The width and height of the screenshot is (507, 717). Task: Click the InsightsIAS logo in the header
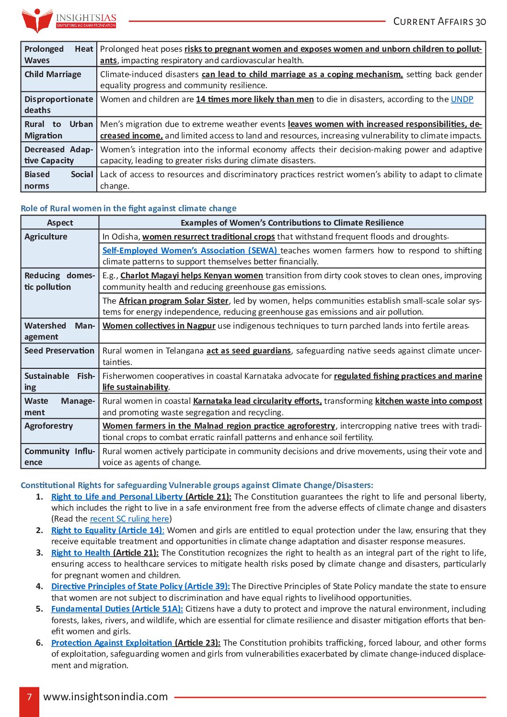click(69, 20)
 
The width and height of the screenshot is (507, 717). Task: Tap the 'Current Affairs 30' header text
click(439, 22)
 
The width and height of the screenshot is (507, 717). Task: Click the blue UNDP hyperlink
click(461, 99)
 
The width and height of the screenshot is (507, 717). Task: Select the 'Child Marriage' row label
click(53, 74)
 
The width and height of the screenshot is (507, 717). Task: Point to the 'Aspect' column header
click(60, 223)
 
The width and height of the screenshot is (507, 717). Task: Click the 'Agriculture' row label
click(46, 237)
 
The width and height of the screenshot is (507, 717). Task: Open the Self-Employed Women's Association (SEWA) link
click(190, 250)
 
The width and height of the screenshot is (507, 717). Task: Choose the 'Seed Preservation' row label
click(59, 351)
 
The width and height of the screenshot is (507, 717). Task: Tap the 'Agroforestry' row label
click(48, 426)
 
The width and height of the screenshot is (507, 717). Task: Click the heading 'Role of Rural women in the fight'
click(128, 208)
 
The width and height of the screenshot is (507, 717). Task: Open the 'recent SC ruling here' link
click(129, 519)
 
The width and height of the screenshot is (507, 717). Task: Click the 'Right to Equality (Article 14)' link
click(107, 530)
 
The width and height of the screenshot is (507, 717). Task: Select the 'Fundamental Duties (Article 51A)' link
click(117, 609)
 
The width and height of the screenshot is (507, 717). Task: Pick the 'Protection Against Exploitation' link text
click(112, 643)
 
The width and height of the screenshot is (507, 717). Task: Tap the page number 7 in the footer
click(29, 697)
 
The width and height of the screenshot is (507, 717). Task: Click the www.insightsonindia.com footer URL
click(105, 697)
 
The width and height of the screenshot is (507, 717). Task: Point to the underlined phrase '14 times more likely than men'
click(255, 99)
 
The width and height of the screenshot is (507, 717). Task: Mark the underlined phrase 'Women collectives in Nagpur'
click(159, 326)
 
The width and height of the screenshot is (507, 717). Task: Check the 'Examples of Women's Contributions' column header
click(292, 223)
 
